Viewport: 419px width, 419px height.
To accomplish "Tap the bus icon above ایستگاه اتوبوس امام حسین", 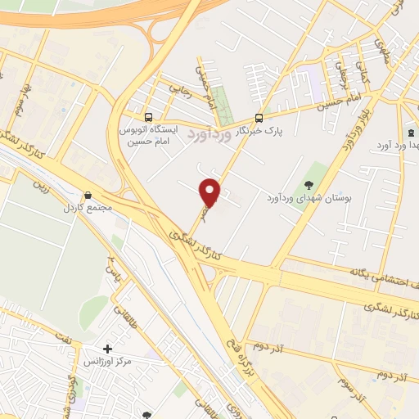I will (x=147, y=116).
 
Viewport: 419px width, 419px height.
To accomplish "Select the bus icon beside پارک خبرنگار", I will (x=259, y=117).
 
